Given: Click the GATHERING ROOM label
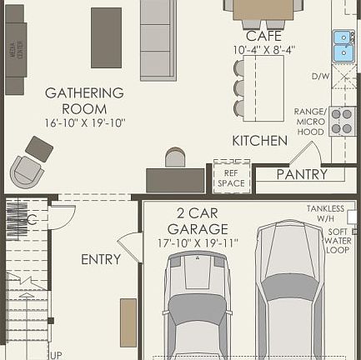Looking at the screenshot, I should (x=84, y=100).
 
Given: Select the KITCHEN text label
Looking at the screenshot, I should (x=259, y=141).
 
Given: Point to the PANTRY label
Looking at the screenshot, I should (x=302, y=175).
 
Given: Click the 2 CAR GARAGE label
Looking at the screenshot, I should (x=197, y=221).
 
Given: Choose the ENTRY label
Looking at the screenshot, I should (x=101, y=260).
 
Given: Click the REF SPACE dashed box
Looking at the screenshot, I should (x=231, y=177).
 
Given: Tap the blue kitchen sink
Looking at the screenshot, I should (x=343, y=47).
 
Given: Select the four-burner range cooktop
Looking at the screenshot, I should (x=342, y=121).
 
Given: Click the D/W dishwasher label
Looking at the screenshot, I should (x=320, y=77).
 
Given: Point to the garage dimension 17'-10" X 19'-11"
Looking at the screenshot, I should (x=198, y=243).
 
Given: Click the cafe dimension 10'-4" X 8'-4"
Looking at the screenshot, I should (x=264, y=50).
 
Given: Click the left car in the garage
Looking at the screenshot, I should (x=196, y=304).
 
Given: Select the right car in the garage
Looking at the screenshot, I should (x=288, y=287).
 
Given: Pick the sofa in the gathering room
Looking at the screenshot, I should (x=158, y=39).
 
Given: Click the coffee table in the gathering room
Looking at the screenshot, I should (x=106, y=37).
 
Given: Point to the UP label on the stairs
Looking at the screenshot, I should (x=55, y=355).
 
